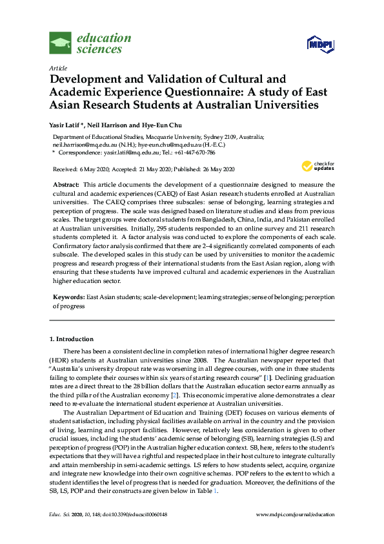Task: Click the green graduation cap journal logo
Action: coord(60,43)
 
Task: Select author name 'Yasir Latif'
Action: coord(65,125)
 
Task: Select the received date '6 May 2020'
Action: coord(90,169)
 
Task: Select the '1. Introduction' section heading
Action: coord(72,339)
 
